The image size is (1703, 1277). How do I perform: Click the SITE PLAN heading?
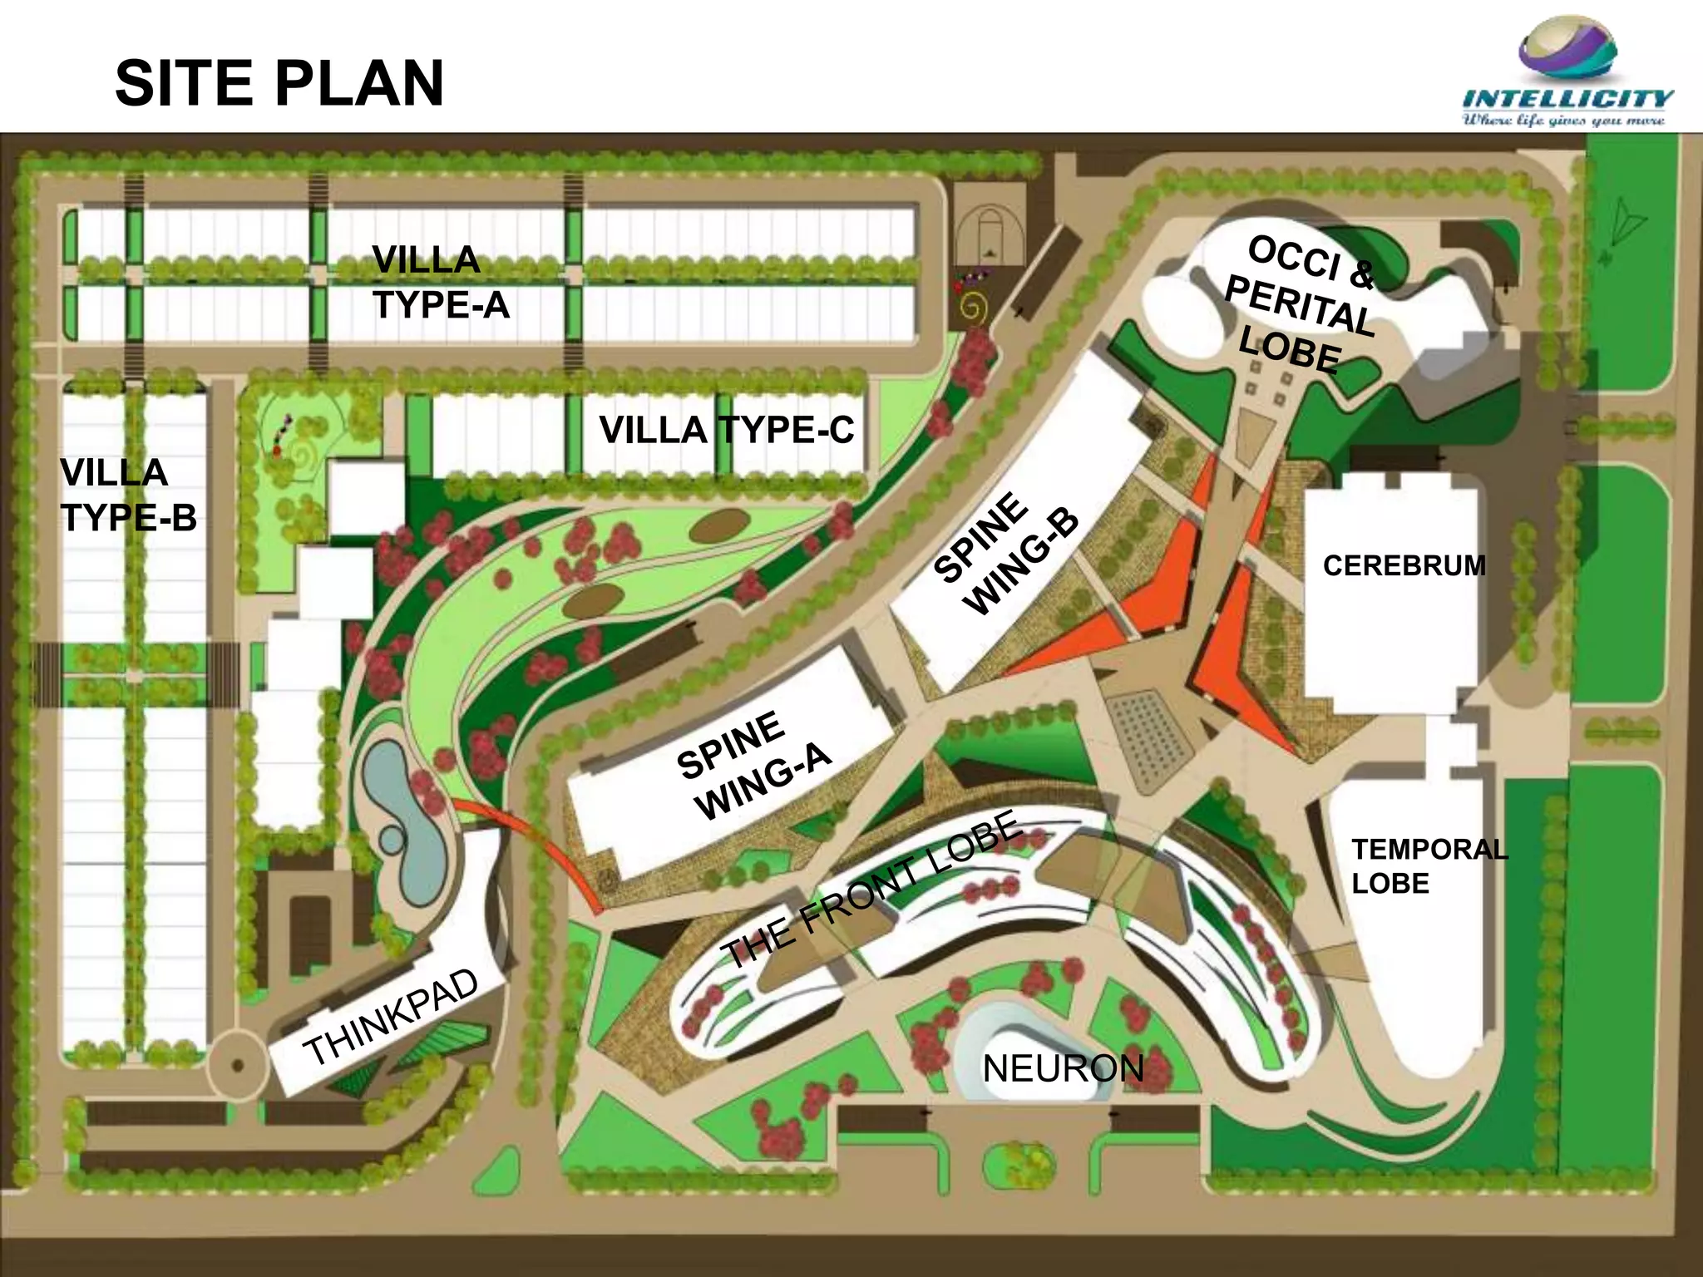coord(279,83)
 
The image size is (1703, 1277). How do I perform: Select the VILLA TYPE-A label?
coord(439,283)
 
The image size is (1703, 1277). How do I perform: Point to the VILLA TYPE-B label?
coord(128,496)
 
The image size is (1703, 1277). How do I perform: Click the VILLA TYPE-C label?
coord(726,431)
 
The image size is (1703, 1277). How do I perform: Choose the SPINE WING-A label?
coord(753,765)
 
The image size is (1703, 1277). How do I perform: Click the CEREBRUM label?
coord(1404,566)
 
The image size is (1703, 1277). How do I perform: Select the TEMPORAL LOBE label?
coord(1429,866)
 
